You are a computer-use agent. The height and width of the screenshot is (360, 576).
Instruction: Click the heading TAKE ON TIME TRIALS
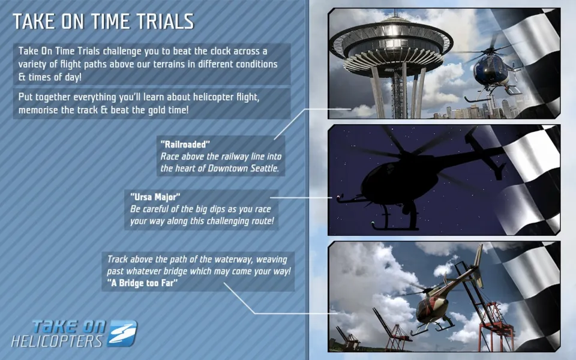click(103, 22)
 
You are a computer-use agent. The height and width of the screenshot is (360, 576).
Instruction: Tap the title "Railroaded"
click(185, 144)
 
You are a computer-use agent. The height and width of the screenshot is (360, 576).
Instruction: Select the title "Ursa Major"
click(155, 197)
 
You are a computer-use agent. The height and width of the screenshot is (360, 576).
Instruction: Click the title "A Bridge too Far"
click(142, 283)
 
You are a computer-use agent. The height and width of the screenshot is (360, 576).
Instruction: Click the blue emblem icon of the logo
click(122, 333)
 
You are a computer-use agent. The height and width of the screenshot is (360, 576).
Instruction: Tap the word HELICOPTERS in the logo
click(57, 341)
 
